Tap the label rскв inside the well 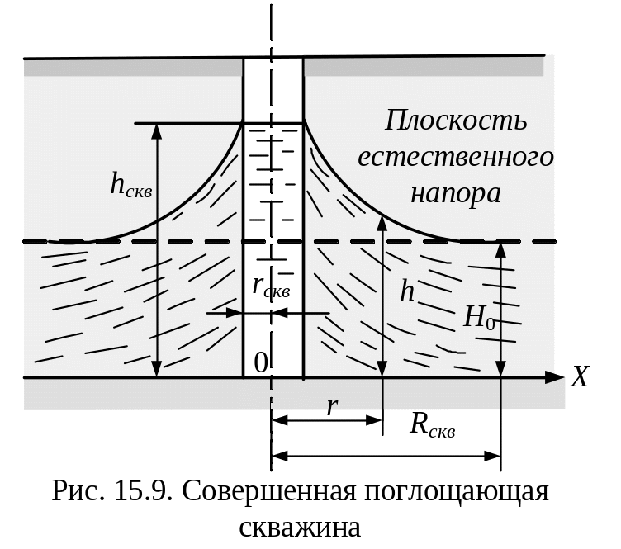[271, 286]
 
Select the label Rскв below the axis [433, 424]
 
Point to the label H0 [480, 317]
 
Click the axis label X [581, 378]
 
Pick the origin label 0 [261, 362]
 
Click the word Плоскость [455, 121]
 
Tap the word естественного [455, 157]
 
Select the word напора [455, 193]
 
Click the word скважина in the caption [300, 527]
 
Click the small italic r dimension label [331, 405]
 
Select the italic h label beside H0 [407, 291]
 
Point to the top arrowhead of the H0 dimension [500, 248]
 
